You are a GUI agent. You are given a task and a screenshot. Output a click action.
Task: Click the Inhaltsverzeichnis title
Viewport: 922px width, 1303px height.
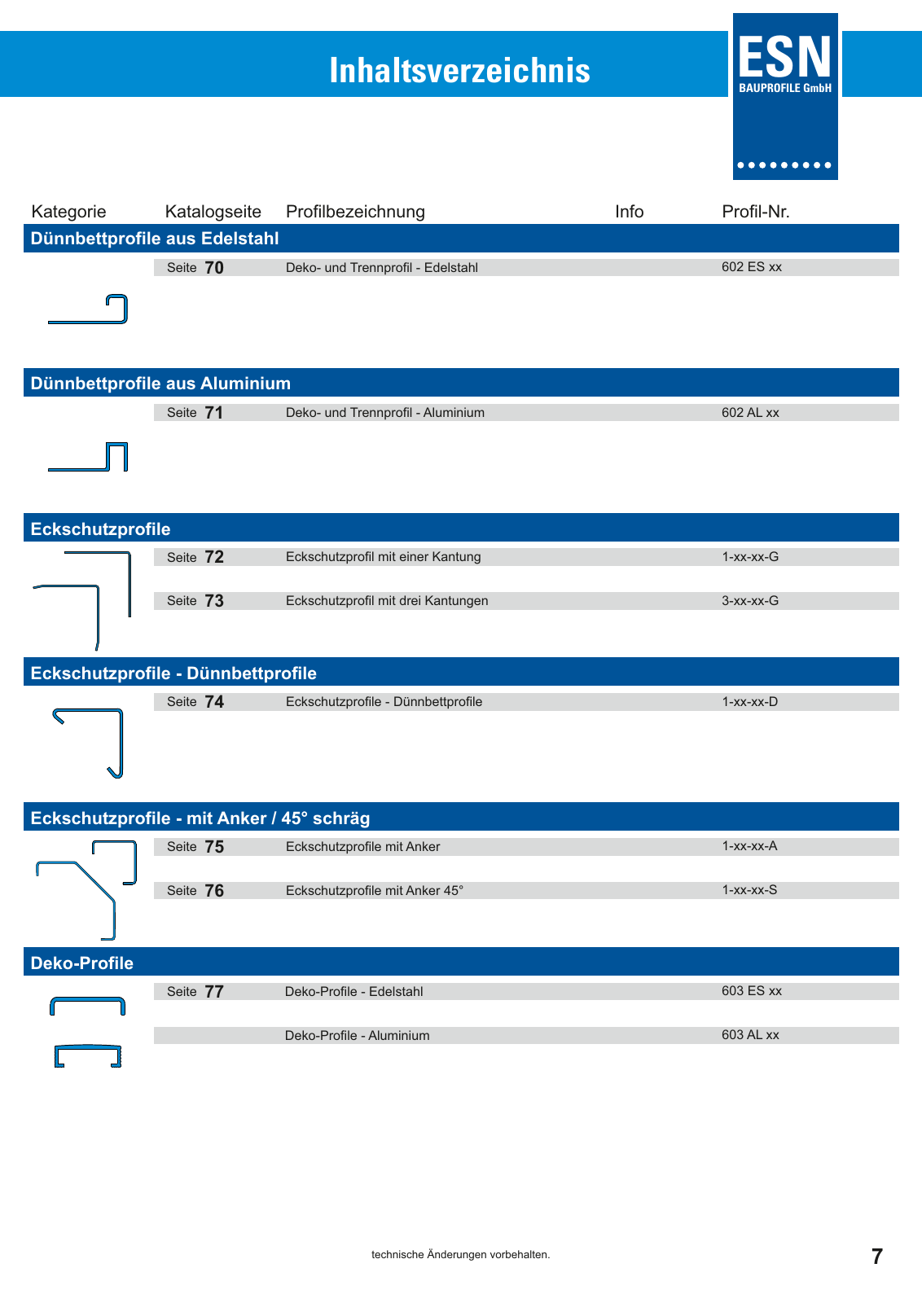pyautogui.click(x=459, y=71)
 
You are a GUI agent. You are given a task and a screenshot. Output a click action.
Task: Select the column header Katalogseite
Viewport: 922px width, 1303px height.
pyautogui.click(x=213, y=212)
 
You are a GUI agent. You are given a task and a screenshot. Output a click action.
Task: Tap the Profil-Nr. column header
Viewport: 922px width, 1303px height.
pyautogui.click(x=755, y=212)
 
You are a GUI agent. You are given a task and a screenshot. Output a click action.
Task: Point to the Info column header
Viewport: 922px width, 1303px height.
pyautogui.click(x=629, y=212)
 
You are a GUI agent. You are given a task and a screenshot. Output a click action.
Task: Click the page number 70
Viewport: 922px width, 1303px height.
pyautogui.click(x=214, y=268)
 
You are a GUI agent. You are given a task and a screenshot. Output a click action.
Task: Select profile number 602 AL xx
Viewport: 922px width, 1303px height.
pyautogui.click(x=750, y=413)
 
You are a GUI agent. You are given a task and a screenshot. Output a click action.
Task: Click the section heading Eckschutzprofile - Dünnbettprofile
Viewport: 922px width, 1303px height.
pyautogui.click(x=173, y=673)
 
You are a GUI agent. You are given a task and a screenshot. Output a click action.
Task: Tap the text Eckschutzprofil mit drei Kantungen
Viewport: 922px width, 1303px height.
pyautogui.click(x=387, y=601)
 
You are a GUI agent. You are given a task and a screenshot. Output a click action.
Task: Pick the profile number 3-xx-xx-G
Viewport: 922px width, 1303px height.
pyautogui.click(x=750, y=601)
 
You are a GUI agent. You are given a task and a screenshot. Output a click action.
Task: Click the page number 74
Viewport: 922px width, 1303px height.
pyautogui.click(x=214, y=702)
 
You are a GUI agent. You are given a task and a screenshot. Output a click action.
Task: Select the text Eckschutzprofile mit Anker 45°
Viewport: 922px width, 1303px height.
pyautogui.click(x=375, y=891)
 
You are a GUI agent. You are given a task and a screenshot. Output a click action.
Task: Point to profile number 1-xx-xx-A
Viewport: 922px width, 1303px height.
pyautogui.click(x=749, y=846)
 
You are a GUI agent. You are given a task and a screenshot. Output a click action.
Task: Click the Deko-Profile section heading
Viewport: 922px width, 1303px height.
pyautogui.click(x=82, y=963)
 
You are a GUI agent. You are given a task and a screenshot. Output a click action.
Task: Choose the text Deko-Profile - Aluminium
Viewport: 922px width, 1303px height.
pyautogui.click(x=357, y=1036)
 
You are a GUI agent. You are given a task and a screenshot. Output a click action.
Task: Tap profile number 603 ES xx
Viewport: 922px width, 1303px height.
pyautogui.click(x=751, y=991)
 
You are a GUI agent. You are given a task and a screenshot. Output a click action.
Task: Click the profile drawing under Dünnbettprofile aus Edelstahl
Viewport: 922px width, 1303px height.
pyautogui.click(x=88, y=309)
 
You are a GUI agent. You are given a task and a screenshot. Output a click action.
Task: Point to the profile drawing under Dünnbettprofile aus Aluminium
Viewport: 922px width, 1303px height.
pyautogui.click(x=88, y=457)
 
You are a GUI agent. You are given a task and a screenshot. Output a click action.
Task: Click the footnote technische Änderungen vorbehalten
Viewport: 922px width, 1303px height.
pyautogui.click(x=460, y=1255)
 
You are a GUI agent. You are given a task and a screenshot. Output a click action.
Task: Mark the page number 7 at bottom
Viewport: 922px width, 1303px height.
pyautogui.click(x=876, y=1257)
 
